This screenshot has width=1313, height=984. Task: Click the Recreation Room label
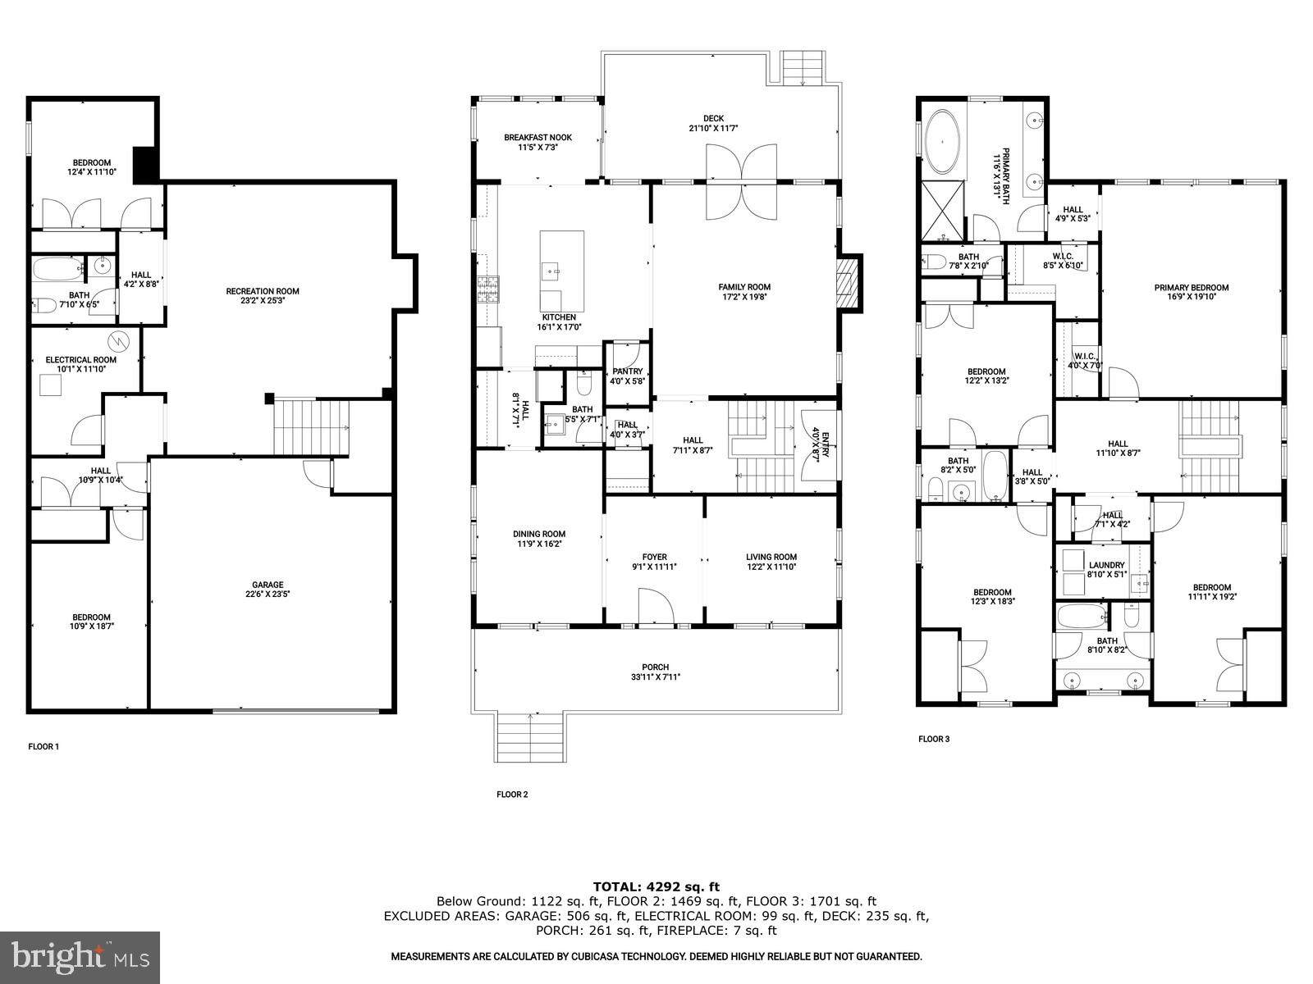click(x=263, y=291)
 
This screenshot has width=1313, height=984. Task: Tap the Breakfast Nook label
click(x=538, y=138)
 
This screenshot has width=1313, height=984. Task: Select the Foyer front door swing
click(x=656, y=608)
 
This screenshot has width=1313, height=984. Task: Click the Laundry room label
click(x=1106, y=565)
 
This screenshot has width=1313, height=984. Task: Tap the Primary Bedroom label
click(x=1191, y=288)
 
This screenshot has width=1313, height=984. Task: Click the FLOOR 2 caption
click(x=512, y=794)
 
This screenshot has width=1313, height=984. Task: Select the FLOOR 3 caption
click(x=933, y=739)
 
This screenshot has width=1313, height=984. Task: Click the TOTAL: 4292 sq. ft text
click(x=656, y=886)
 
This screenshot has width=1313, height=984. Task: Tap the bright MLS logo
click(x=80, y=956)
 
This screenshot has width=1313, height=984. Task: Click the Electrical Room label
click(x=80, y=359)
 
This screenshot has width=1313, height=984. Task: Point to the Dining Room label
click(x=538, y=534)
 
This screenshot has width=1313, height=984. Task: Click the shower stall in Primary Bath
click(x=942, y=210)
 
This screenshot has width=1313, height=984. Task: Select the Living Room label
click(x=771, y=557)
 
